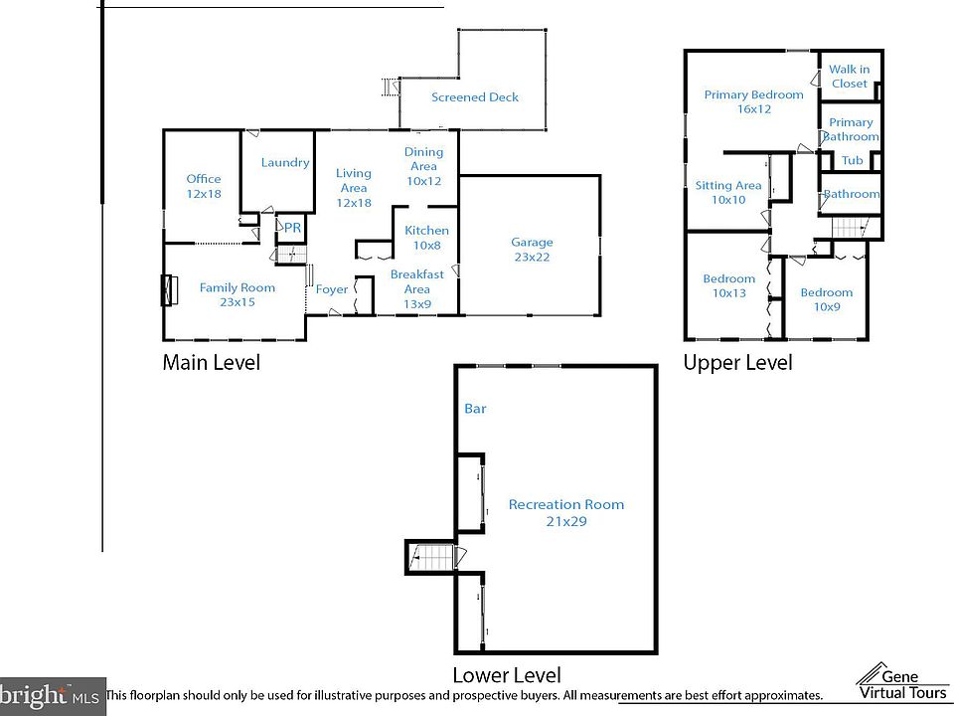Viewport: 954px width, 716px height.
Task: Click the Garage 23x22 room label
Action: [532, 249]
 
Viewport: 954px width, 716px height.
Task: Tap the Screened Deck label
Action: [474, 97]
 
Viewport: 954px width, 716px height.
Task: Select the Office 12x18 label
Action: [204, 187]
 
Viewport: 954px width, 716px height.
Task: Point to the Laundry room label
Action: [285, 162]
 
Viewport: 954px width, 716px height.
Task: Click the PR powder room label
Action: [292, 228]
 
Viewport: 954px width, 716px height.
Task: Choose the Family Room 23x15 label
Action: [237, 294]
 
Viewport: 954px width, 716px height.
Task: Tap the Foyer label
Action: [332, 290]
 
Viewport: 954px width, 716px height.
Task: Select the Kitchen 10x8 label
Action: [426, 238]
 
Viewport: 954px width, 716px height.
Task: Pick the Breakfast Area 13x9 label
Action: [416, 281]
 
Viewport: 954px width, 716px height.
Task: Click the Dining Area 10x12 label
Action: [423, 166]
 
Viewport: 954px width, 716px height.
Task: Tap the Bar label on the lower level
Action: [475, 409]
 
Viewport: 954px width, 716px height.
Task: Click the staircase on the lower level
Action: [431, 557]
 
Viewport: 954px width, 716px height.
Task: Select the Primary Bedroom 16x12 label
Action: [753, 101]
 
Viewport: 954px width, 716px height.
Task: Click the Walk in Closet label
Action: [850, 77]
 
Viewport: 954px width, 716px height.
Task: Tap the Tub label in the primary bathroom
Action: [852, 161]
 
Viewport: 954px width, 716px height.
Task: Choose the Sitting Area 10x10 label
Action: [727, 192]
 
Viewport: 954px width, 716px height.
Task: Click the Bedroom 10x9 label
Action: [826, 299]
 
